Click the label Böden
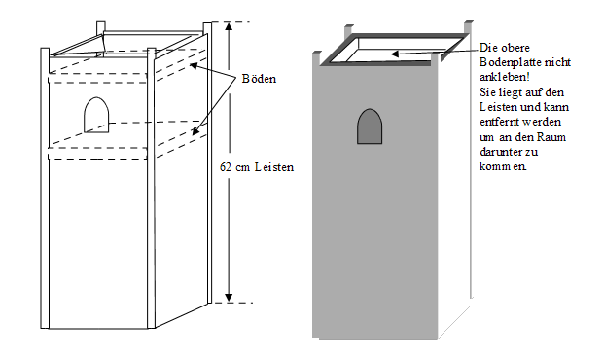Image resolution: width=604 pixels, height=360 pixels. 259,79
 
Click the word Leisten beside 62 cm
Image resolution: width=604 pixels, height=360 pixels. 274,167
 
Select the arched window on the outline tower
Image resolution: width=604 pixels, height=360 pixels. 96,115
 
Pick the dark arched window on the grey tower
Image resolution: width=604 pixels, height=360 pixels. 370,126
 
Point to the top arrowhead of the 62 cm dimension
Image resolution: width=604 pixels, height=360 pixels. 230,26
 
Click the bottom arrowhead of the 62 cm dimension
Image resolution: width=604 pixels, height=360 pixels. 229,298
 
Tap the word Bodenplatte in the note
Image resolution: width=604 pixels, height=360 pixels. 506,62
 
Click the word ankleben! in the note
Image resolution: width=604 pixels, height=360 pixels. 505,77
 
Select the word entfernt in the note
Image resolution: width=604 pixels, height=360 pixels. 497,122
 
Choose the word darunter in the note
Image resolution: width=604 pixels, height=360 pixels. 500,152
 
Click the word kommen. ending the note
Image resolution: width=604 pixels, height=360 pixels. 503,166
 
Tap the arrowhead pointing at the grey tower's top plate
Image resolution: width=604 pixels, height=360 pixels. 395,54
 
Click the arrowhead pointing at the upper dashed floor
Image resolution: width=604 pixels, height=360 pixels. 194,65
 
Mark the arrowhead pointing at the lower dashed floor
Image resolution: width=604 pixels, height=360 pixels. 195,130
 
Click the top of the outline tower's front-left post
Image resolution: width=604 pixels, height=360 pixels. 45,49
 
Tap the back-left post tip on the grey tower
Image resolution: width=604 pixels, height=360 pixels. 348,26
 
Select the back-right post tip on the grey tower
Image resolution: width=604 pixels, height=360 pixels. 469,22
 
